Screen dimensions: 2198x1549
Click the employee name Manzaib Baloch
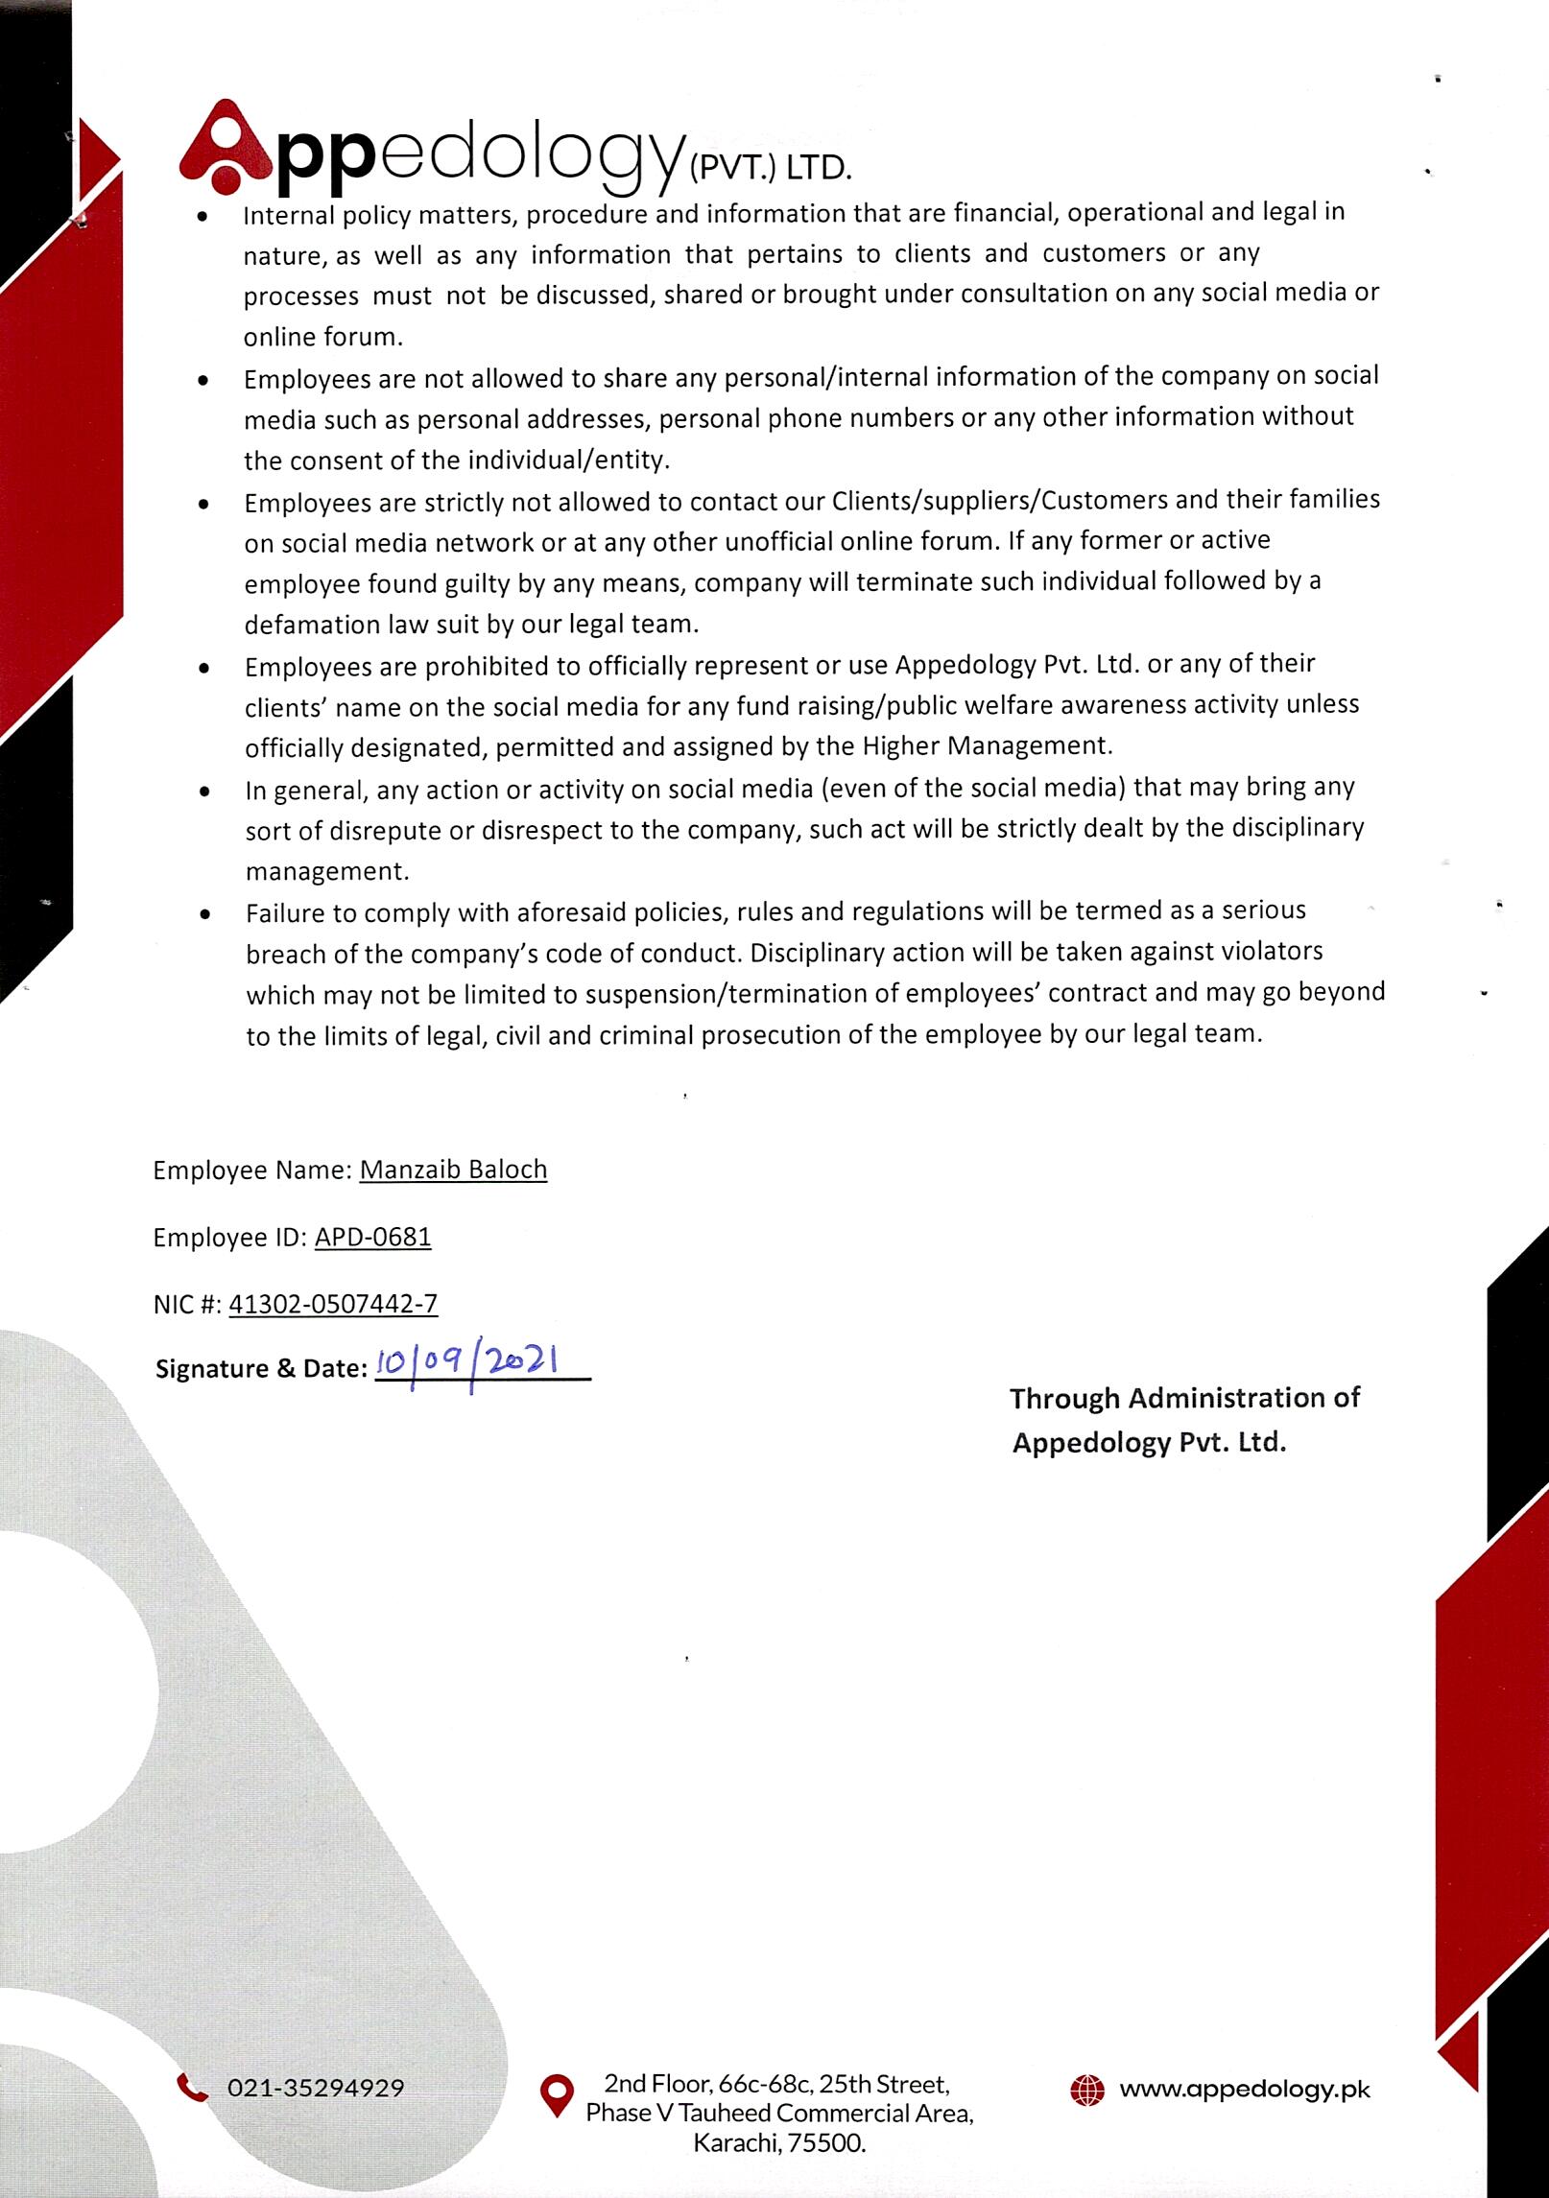[453, 1170]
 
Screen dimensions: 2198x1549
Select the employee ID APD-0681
[372, 1237]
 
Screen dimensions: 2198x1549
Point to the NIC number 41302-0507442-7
[333, 1304]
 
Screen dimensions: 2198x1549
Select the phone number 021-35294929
[316, 2088]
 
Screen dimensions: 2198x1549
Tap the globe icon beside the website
[1086, 2088]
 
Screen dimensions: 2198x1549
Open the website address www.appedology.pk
[1245, 2088]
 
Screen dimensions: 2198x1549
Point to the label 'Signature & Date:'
[261, 1369]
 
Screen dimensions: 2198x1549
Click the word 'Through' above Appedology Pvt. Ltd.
[1064, 1398]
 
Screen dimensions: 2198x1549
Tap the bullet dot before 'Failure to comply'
[203, 915]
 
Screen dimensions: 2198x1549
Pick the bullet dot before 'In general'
[203, 792]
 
